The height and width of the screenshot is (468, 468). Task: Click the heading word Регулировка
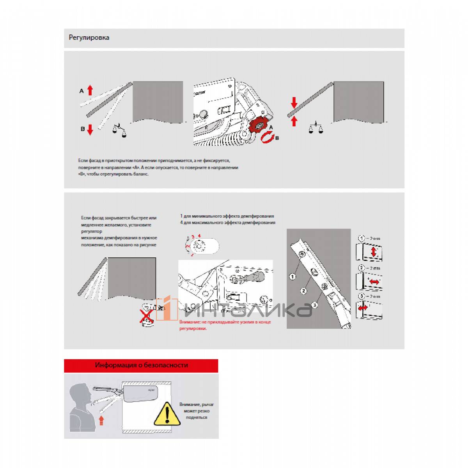[89, 38]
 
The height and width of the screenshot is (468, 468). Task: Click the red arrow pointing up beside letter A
[90, 90]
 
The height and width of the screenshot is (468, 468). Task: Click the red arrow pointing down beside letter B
[90, 129]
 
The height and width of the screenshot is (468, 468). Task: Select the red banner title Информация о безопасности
[141, 365]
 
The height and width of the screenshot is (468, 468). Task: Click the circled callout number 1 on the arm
[292, 277]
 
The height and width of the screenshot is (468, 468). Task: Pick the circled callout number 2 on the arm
[304, 291]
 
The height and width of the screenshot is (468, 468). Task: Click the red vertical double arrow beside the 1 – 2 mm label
[374, 252]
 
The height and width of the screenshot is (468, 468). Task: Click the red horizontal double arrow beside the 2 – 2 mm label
[374, 282]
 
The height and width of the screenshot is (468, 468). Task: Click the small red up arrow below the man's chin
[101, 420]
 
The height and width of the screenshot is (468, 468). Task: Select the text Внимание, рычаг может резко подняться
[197, 411]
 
